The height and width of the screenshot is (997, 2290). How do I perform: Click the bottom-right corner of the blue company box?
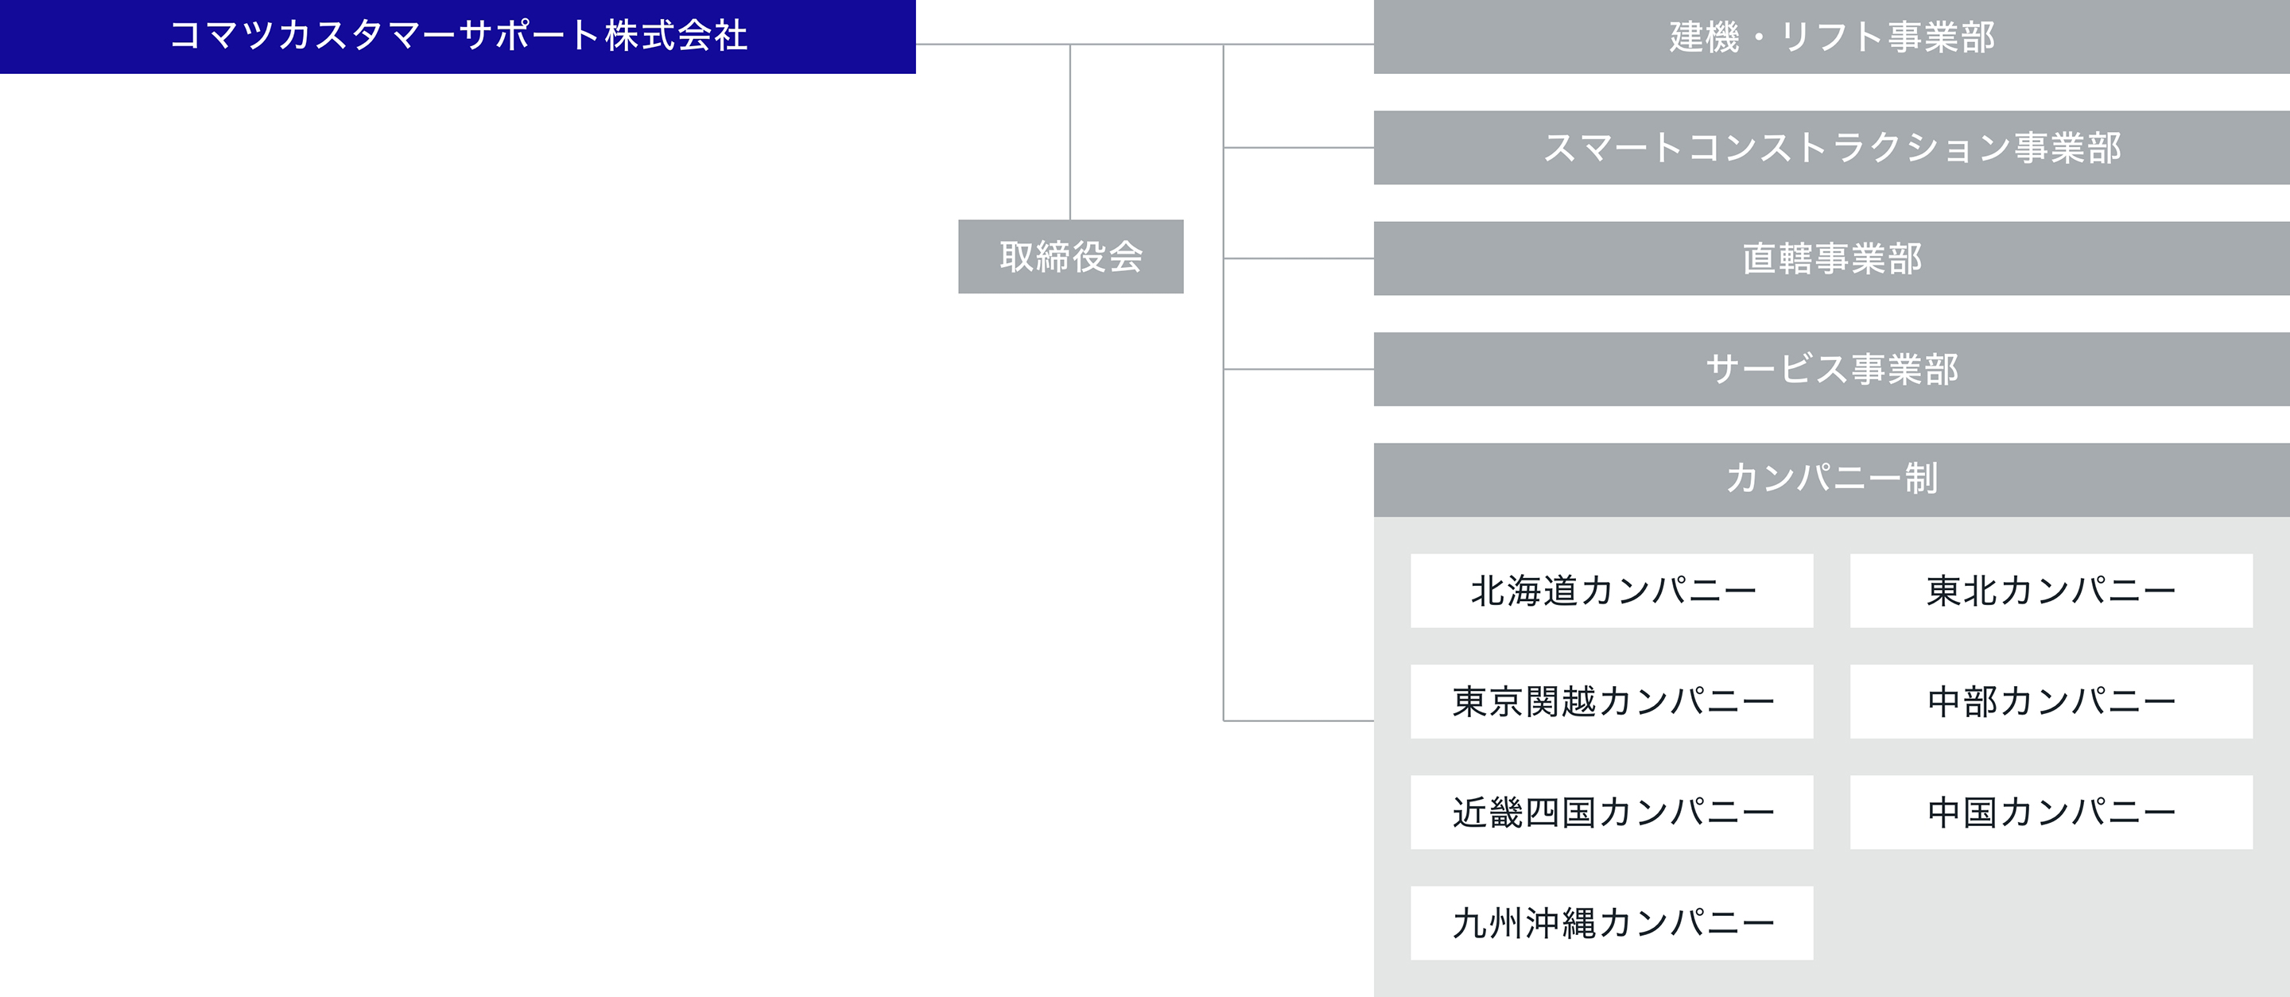point(916,73)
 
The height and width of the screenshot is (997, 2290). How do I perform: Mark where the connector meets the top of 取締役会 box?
point(1070,220)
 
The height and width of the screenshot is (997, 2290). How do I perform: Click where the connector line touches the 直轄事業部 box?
point(1374,258)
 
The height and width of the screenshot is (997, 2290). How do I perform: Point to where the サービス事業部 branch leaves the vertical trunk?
point(1225,369)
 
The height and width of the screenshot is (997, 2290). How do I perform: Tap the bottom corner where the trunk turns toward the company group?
point(1225,720)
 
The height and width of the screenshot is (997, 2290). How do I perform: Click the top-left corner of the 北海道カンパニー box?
point(1411,554)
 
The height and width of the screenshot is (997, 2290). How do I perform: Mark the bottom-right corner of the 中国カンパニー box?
point(2253,848)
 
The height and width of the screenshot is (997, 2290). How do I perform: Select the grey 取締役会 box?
point(1070,257)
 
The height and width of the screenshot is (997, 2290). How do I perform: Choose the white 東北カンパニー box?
point(2051,591)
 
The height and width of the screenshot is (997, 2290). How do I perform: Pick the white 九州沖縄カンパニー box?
point(1612,922)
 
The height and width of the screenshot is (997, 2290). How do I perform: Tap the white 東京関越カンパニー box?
point(1612,701)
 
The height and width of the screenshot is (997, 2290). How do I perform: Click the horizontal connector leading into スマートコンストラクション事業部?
point(1298,148)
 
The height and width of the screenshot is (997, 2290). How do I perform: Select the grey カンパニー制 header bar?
point(1831,480)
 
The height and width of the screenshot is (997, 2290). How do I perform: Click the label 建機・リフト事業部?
point(1832,37)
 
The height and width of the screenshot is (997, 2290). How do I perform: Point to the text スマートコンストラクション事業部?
point(1832,148)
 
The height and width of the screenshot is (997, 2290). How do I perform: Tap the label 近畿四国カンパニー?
point(1613,813)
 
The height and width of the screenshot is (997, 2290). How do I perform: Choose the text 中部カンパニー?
point(2051,701)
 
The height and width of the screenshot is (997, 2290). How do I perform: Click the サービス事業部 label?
point(1832,369)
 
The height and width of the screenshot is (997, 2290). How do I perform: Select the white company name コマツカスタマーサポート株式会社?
point(459,36)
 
